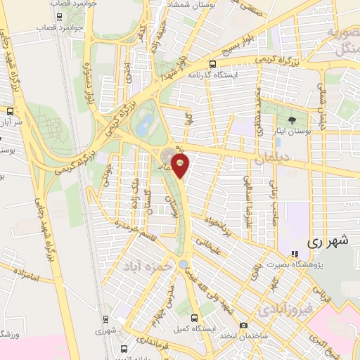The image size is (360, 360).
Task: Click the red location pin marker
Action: point(181,166)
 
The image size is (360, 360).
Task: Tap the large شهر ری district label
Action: point(327,240)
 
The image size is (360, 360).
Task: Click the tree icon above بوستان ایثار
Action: point(292,121)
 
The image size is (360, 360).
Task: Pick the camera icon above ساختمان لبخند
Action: point(243,325)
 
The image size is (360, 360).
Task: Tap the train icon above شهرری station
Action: point(105,318)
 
